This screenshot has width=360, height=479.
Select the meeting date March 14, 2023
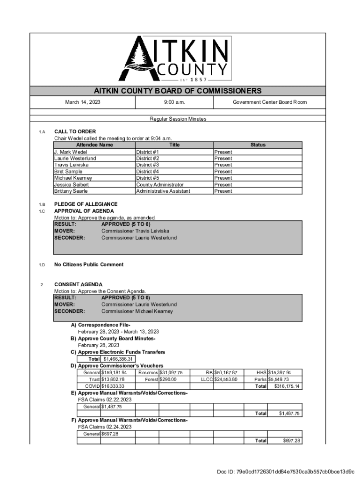[x=82, y=102]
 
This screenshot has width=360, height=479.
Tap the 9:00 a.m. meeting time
[x=174, y=102]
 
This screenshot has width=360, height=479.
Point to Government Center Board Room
[x=270, y=102]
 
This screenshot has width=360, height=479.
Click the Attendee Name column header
[x=94, y=145]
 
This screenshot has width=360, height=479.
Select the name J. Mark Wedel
[x=71, y=152]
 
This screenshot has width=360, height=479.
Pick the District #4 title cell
[x=148, y=172]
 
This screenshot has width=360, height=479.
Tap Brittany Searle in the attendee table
[x=71, y=191]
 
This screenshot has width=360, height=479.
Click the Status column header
[x=258, y=145]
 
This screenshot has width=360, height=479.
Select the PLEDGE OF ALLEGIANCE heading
[x=86, y=204]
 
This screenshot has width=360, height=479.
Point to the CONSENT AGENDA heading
[x=78, y=284]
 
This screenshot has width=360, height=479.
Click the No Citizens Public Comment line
[x=89, y=265]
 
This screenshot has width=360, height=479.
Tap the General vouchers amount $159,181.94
[x=114, y=372]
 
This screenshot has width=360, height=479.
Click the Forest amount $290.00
[x=168, y=379]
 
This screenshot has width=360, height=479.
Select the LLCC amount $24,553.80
[x=226, y=379]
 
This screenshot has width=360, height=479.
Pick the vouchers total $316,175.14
[x=287, y=386]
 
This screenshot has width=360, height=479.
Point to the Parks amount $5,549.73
[x=279, y=379]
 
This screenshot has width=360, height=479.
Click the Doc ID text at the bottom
[x=286, y=471]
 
